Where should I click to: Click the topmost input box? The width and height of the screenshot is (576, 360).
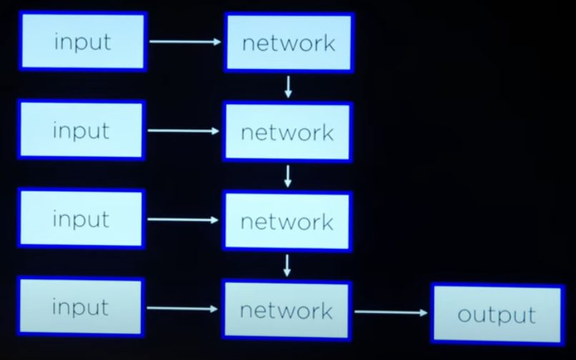pos(82,41)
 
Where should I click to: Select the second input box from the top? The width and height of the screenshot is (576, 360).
pos(81,130)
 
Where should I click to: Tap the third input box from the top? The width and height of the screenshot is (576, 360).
pos(81,219)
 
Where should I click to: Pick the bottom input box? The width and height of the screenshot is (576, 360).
pos(80,308)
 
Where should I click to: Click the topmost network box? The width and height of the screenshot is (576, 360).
pos(289,43)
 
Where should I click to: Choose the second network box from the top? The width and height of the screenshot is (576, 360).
pos(287,132)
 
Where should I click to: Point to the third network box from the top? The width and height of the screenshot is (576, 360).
pos(287,221)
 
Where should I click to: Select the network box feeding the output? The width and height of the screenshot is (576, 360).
pos(286,310)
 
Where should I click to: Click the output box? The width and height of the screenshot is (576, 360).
pos(497,314)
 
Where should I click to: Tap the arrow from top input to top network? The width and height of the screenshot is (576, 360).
pos(185,42)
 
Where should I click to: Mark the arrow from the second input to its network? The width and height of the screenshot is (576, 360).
pos(184,131)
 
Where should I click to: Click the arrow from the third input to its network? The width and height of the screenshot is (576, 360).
pos(183,220)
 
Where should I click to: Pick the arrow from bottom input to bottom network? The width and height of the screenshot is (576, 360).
pos(182,309)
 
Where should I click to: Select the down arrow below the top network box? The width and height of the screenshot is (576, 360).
pos(288,87)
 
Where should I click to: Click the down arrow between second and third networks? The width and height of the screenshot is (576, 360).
pos(287,176)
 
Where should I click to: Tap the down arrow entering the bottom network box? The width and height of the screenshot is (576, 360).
pos(287,266)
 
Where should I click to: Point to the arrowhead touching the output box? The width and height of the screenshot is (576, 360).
pos(424,312)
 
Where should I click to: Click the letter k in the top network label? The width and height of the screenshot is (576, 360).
pos(328,43)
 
